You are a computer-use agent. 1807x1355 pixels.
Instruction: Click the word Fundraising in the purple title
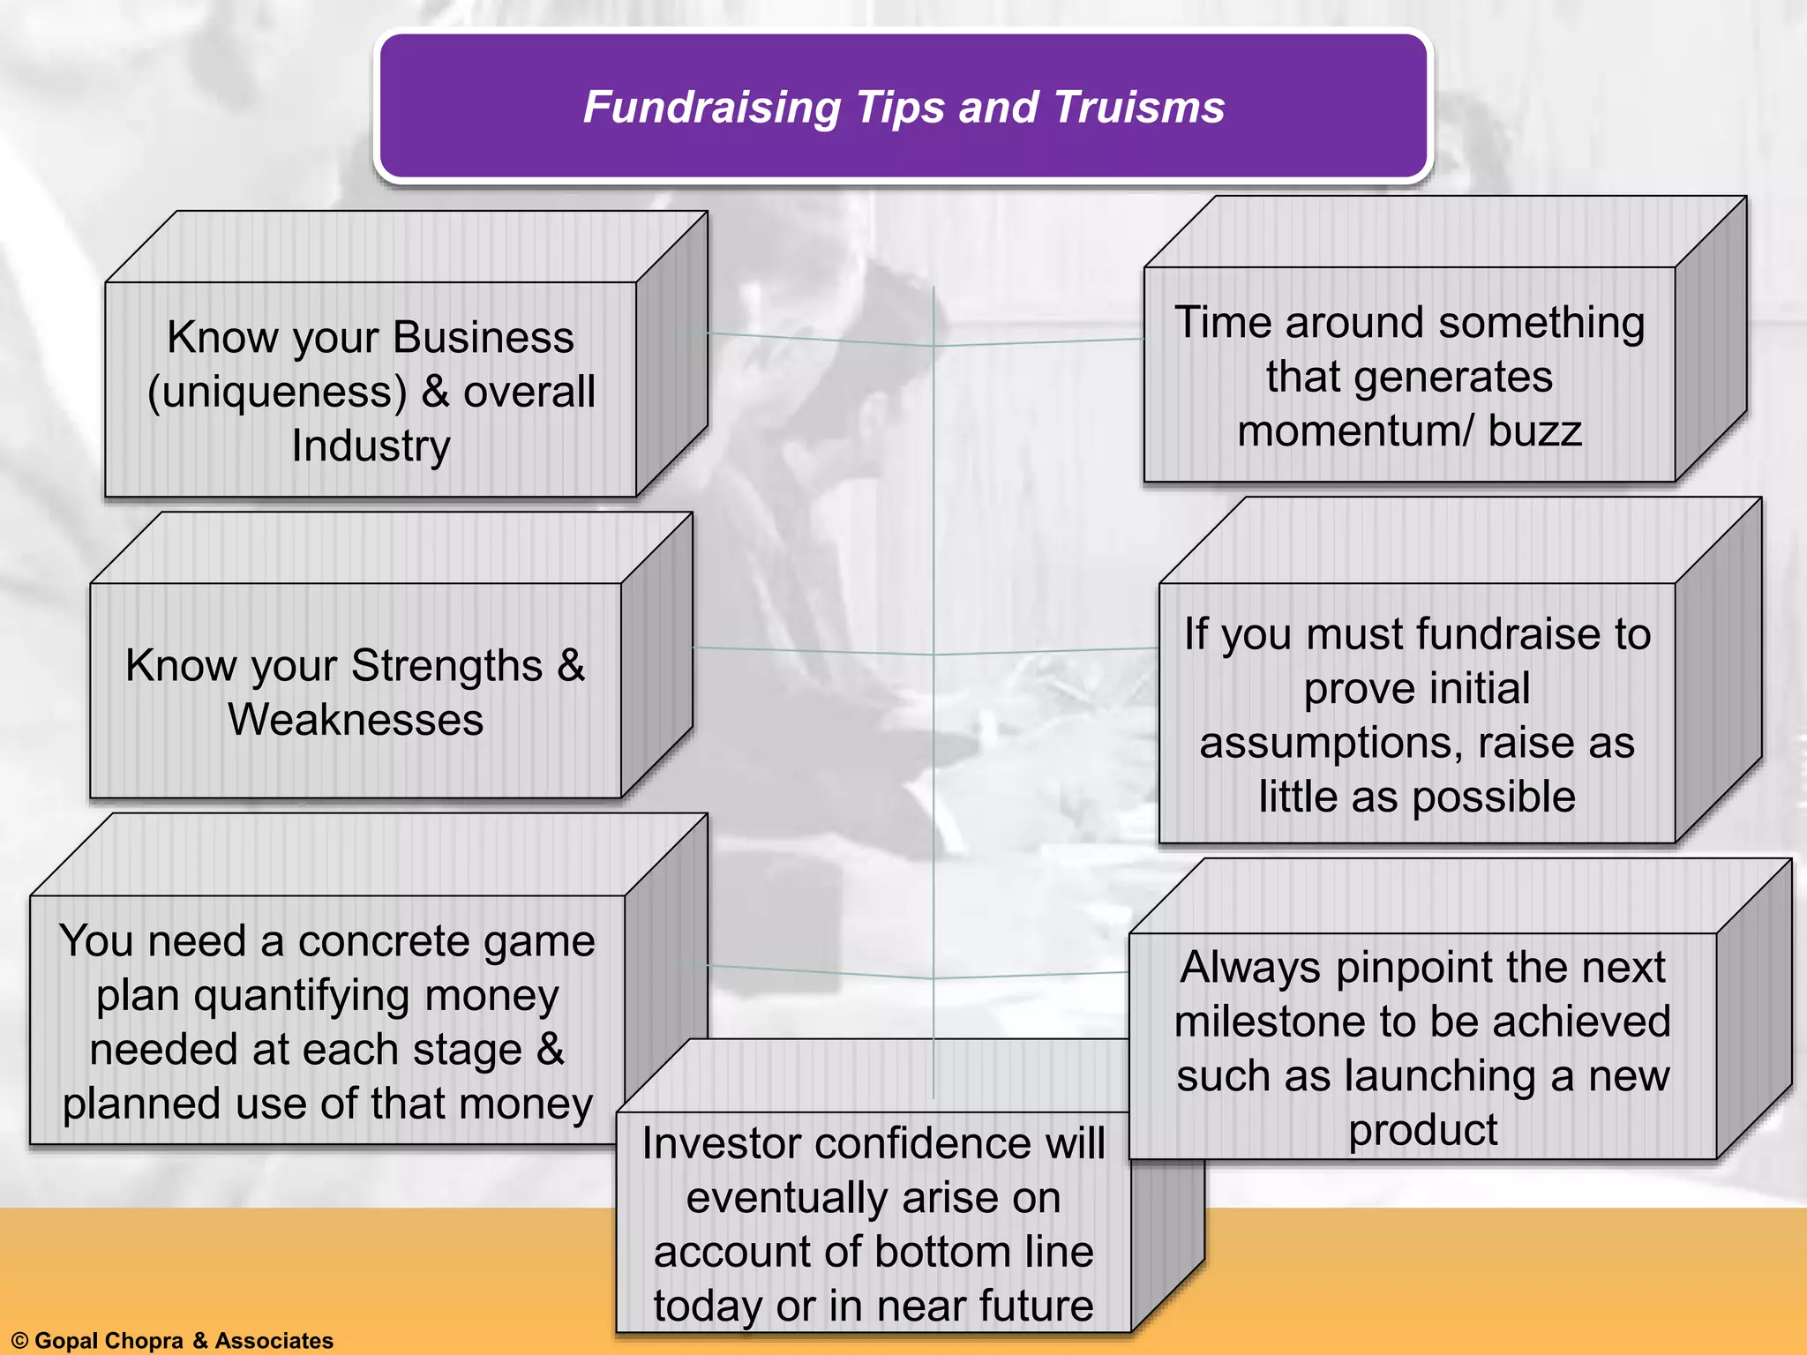pos(712,108)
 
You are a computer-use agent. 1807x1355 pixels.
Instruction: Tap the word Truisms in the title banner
pos(1138,108)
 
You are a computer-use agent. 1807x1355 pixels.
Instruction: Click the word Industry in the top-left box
pos(371,445)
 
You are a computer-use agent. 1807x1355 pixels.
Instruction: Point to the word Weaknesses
pos(356,720)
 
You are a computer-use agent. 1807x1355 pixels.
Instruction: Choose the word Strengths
pos(446,665)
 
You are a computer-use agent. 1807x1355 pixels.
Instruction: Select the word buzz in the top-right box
pos(1535,431)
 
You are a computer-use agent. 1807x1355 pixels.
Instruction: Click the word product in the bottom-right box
pos(1422,1131)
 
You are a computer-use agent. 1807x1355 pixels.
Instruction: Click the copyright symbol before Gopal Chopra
pos(19,1341)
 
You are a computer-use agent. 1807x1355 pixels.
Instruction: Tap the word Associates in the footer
pos(274,1341)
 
